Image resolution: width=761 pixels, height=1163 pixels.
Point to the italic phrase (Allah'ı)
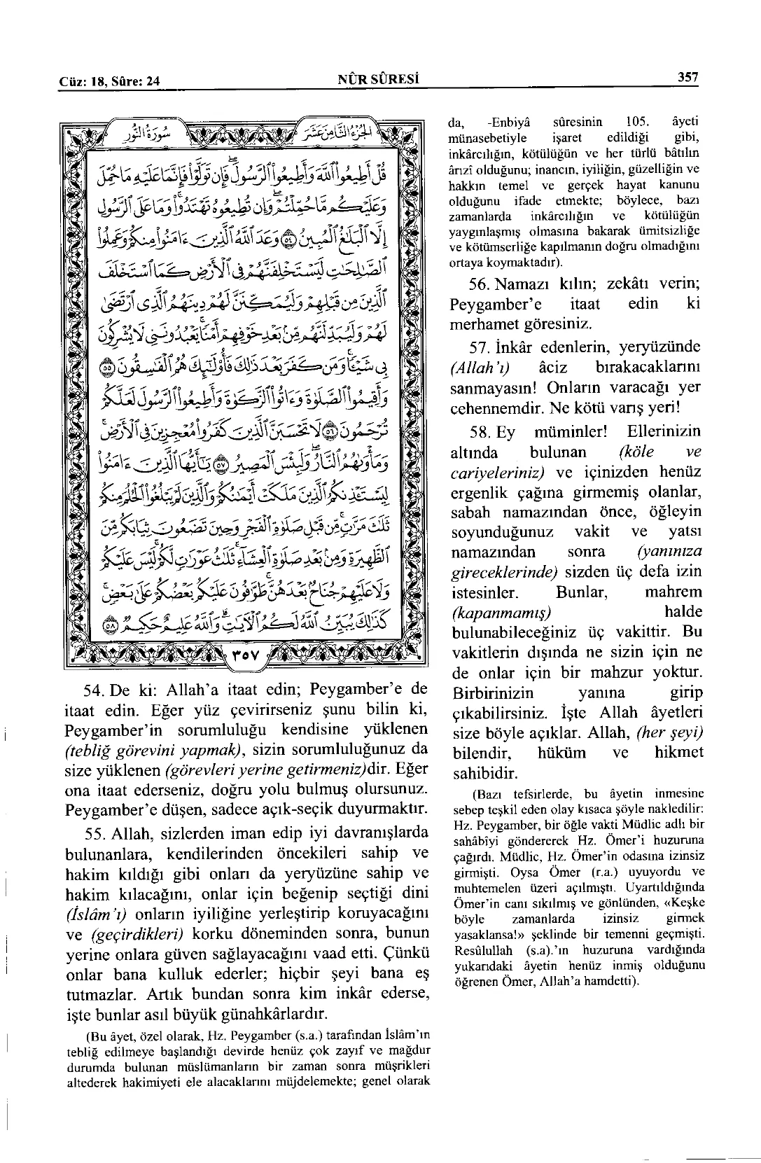point(480,368)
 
